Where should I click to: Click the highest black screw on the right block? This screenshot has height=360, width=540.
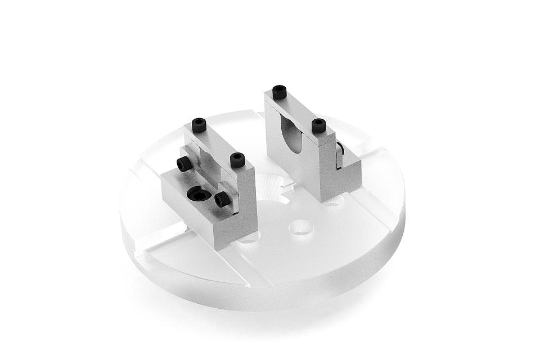pos(280,92)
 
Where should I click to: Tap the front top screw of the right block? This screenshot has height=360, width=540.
pos(319,125)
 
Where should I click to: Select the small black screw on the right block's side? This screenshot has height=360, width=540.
pos(340,149)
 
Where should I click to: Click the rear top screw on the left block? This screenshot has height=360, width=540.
pos(199,124)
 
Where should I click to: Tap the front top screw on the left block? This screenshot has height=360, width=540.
pos(237,160)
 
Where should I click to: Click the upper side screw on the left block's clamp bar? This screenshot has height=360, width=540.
pos(184,164)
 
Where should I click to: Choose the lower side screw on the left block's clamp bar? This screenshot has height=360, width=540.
pos(222,199)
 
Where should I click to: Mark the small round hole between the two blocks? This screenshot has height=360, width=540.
pos(301,227)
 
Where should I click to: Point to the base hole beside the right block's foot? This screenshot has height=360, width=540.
pos(334,200)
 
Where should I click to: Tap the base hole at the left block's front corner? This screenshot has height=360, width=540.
pos(248,238)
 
